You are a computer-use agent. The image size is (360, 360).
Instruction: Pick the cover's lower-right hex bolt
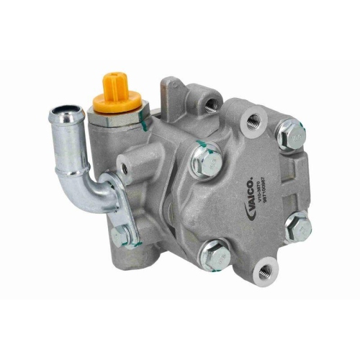(297, 230)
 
